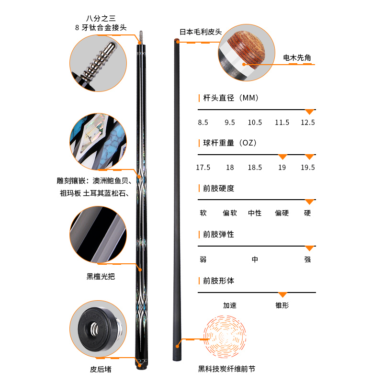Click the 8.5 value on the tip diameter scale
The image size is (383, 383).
click(203, 123)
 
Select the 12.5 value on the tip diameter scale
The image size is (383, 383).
click(308, 123)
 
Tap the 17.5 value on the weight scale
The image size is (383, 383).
click(203, 167)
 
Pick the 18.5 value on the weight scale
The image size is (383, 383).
click(255, 167)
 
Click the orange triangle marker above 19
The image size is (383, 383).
click(282, 157)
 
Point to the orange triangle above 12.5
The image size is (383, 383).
click(309, 112)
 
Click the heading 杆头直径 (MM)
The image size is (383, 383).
click(231, 98)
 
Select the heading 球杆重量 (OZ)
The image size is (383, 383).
click(230, 143)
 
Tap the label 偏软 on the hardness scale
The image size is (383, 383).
click(230, 213)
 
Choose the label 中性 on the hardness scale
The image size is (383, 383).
click(255, 213)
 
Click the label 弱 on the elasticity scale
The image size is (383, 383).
click(203, 259)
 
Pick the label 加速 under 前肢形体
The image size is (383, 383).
click(230, 305)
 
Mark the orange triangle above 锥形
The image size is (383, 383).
click(282, 294)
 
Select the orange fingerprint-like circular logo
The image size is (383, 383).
click(225, 337)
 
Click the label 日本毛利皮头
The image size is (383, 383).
click(201, 32)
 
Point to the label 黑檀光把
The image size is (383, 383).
click(101, 277)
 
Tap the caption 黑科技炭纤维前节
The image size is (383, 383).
click(226, 369)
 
